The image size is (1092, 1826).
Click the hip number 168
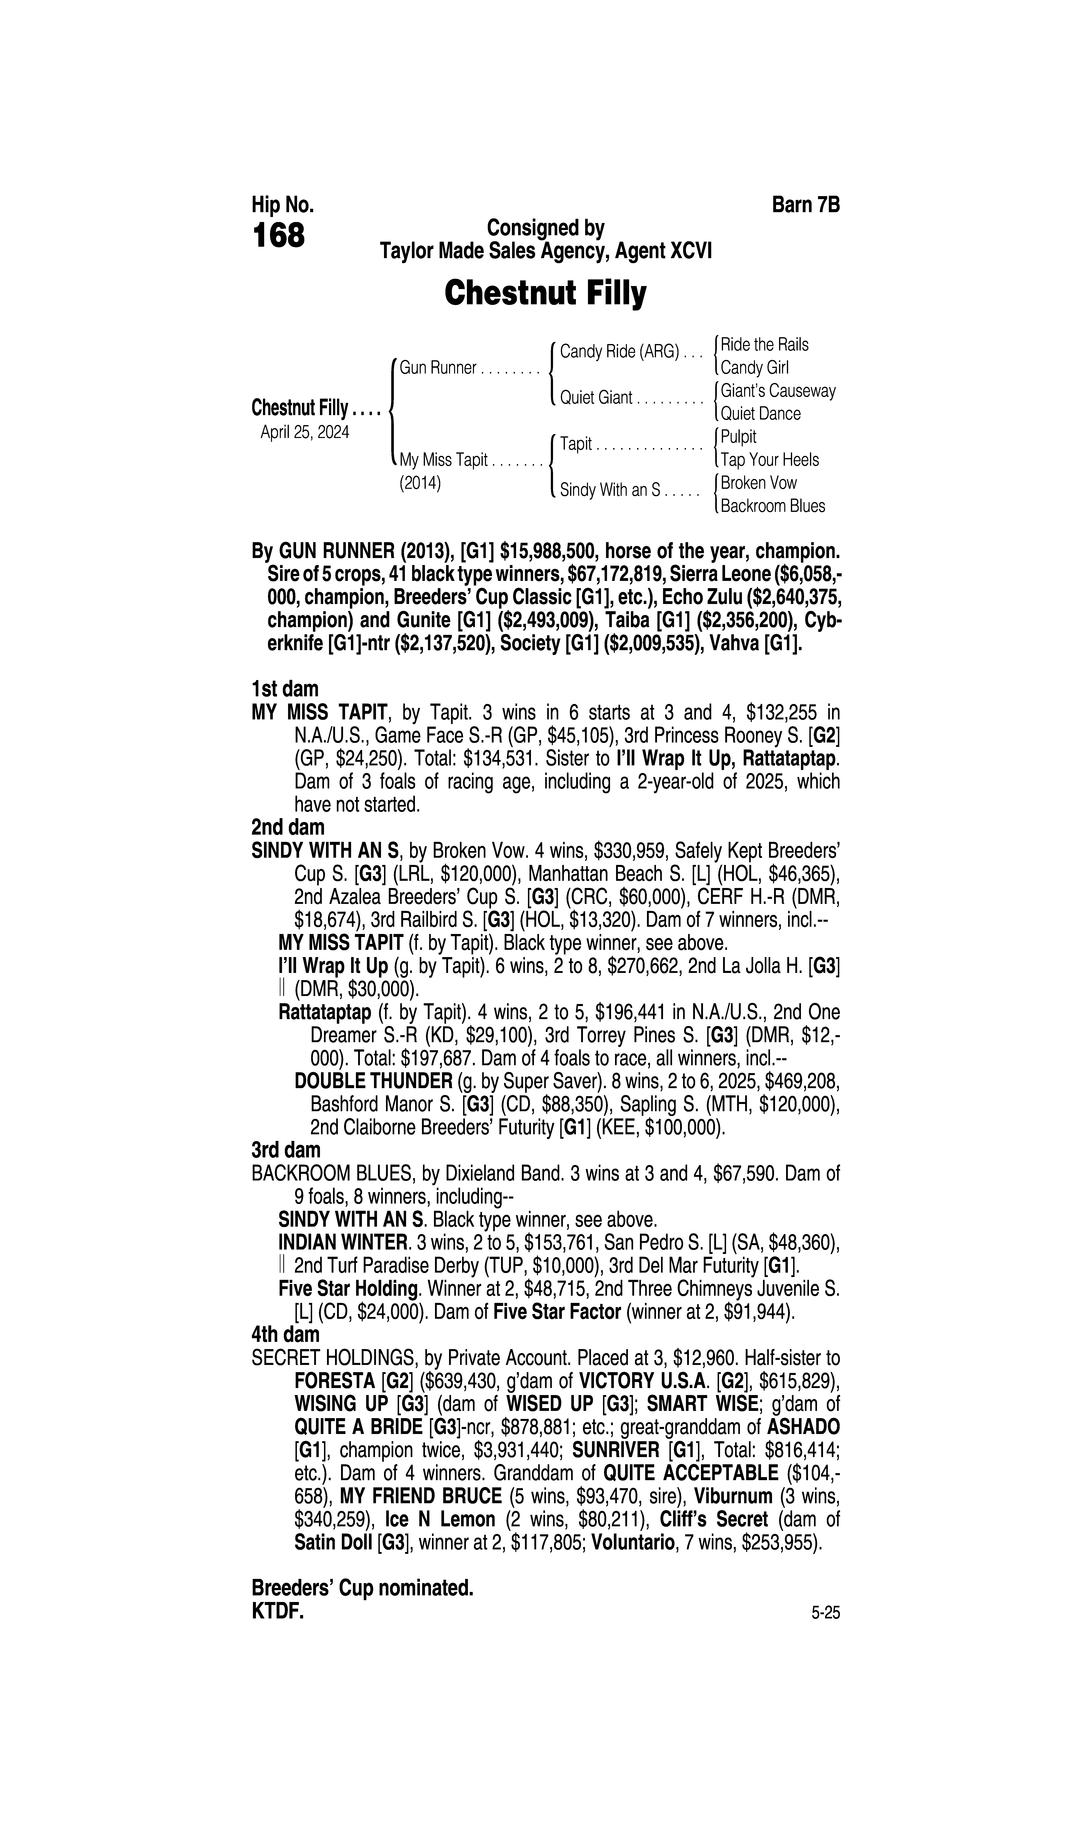click(x=278, y=236)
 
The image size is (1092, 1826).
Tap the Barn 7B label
click(x=806, y=205)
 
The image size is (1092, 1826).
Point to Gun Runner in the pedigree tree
click(x=438, y=368)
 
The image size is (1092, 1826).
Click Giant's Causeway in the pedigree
click(x=778, y=391)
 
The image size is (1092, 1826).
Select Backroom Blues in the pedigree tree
click(x=773, y=506)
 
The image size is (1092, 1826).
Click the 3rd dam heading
click(x=286, y=1149)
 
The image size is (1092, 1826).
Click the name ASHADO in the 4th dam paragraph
click(x=803, y=1427)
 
